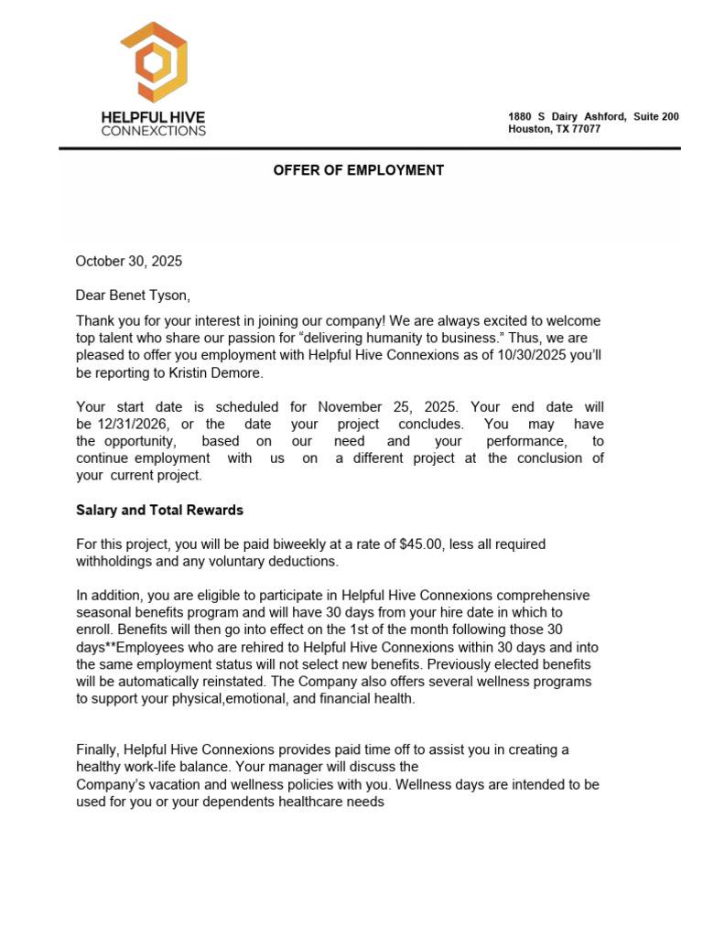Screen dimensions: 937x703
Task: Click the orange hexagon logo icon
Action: [x=153, y=61]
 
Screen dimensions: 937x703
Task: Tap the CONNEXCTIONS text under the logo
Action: [x=153, y=131]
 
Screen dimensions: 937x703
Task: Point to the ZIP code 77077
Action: [x=582, y=129]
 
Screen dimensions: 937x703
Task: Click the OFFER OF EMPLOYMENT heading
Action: [x=358, y=170]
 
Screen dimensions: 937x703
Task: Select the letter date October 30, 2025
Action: [x=129, y=261]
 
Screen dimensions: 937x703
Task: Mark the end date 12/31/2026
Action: [x=135, y=424]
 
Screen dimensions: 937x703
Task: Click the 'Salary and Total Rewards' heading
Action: [x=159, y=510]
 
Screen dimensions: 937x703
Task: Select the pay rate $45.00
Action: [x=421, y=544]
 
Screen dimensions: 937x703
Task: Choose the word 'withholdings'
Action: [x=116, y=561]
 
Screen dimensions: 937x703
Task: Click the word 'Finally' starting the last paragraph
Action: [x=97, y=749]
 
